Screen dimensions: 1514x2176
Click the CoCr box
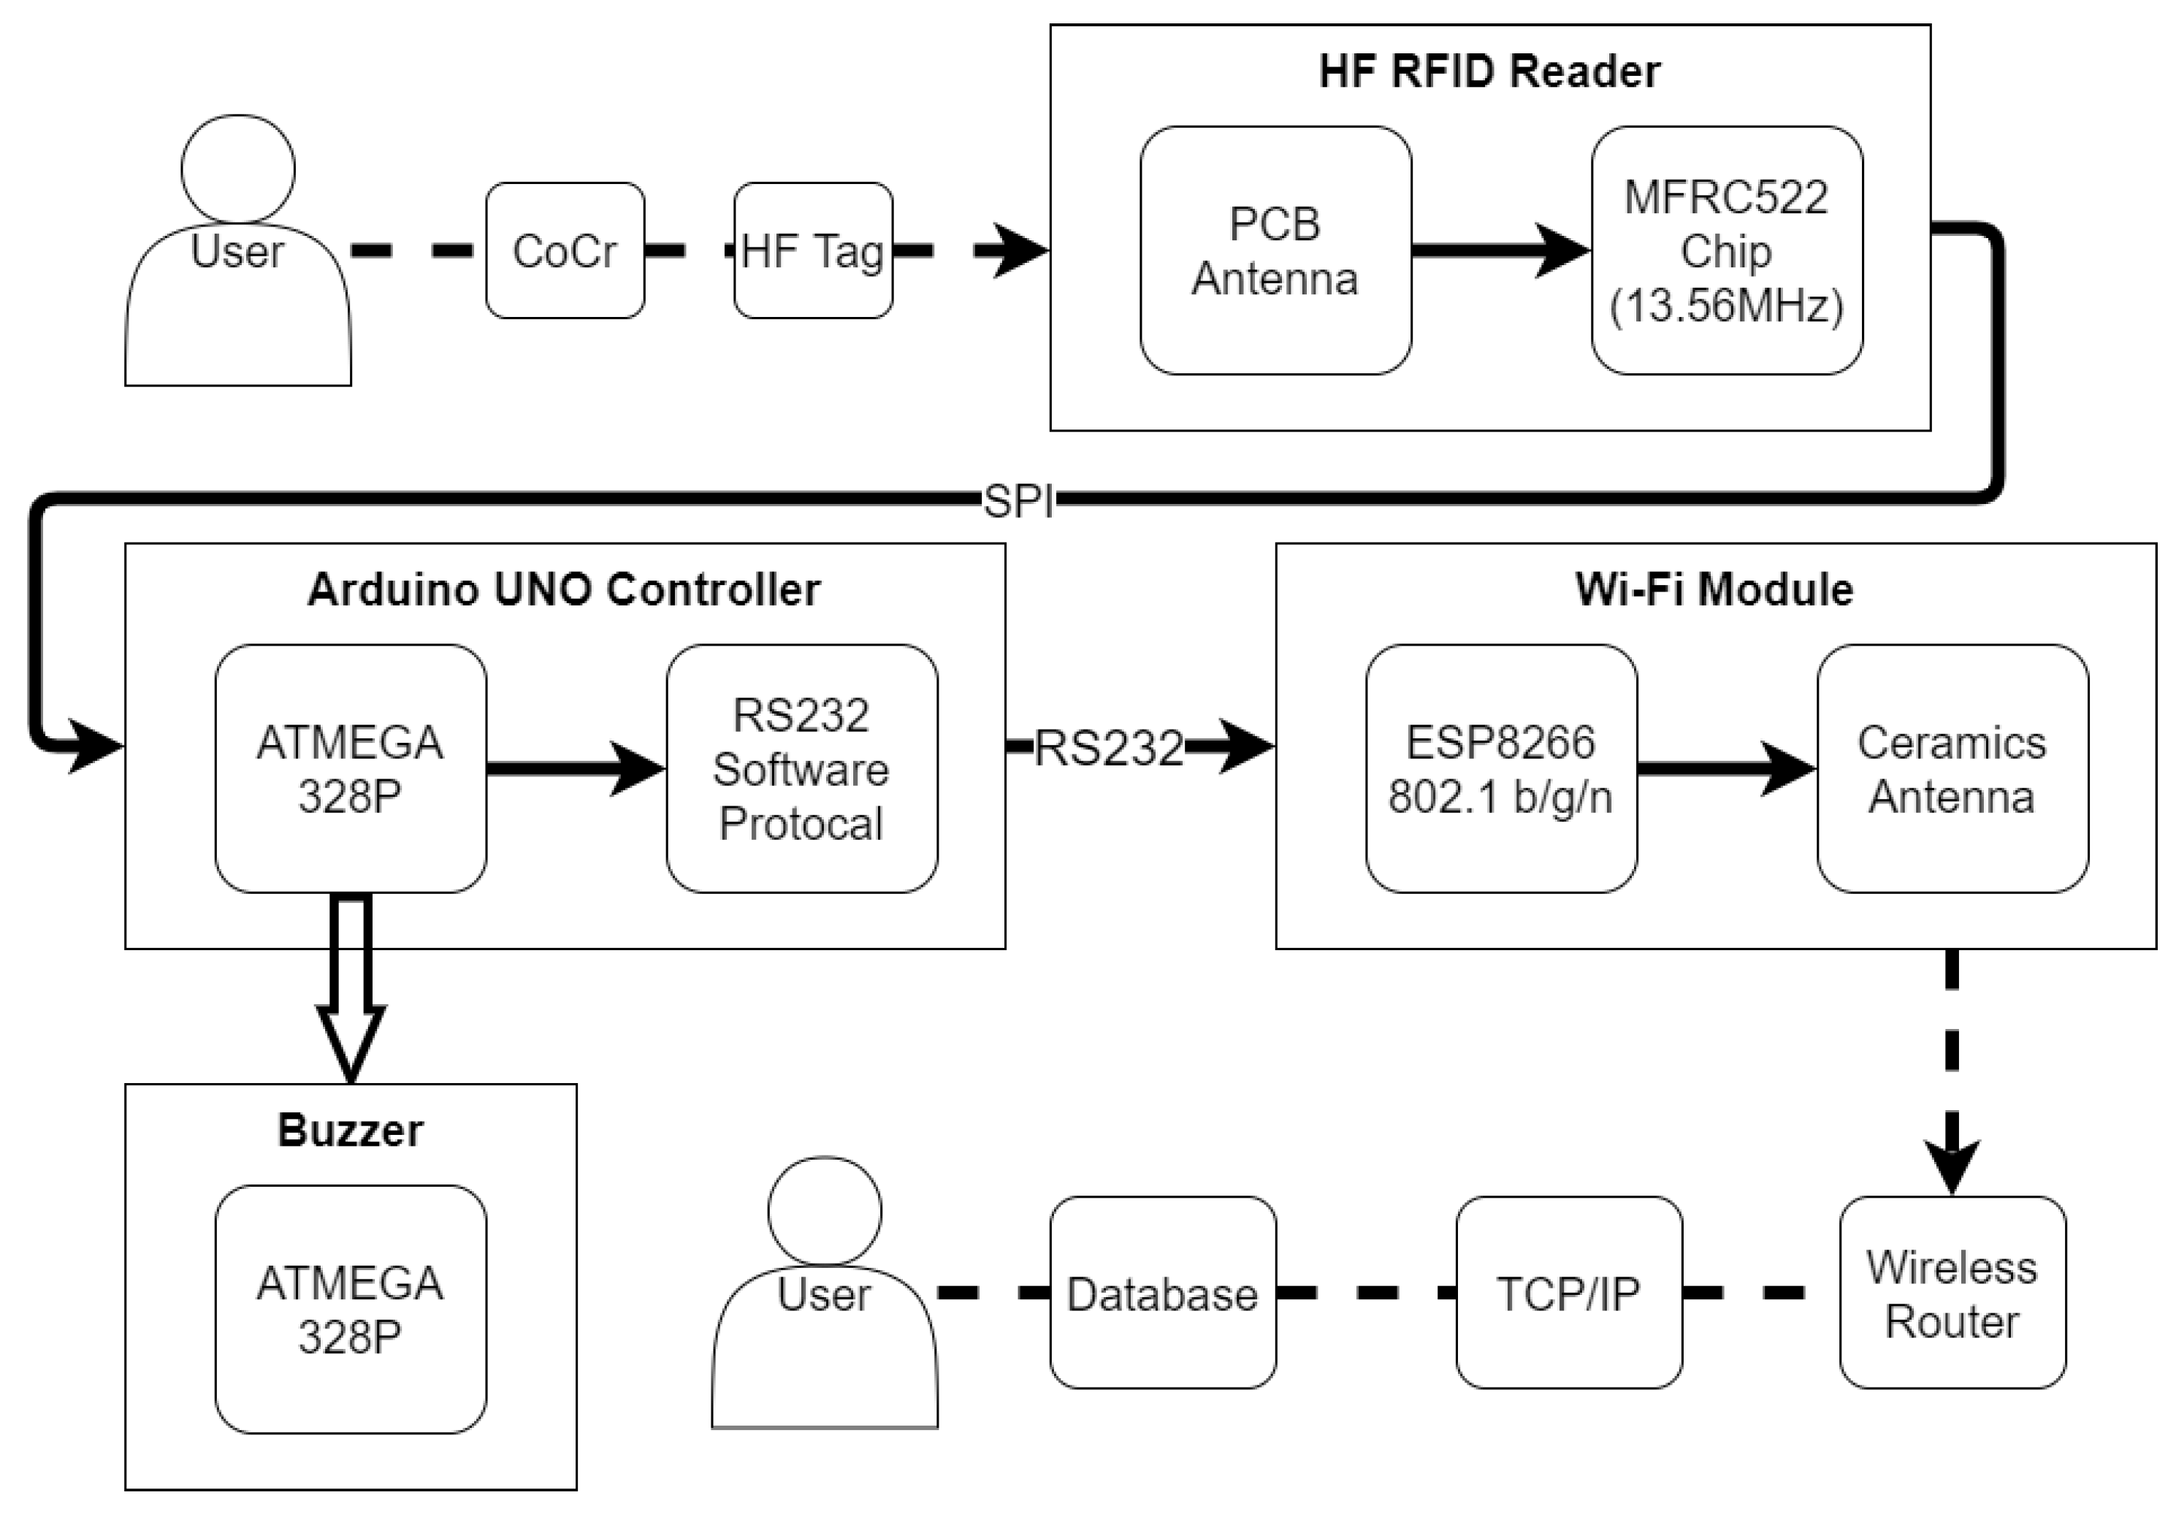pyautogui.click(x=565, y=250)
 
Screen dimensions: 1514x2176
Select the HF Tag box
pyautogui.click(x=813, y=250)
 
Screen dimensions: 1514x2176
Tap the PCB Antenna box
pyautogui.click(x=1275, y=250)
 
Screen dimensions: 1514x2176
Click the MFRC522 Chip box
pyautogui.click(x=1727, y=250)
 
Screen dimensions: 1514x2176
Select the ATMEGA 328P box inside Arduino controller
pyautogui.click(x=351, y=768)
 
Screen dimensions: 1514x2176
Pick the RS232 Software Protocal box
pyautogui.click(x=802, y=768)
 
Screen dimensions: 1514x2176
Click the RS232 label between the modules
pyautogui.click(x=1109, y=748)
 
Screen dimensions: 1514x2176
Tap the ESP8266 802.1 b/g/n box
pyautogui.click(x=1501, y=768)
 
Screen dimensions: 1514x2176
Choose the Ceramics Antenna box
pyautogui.click(x=1952, y=768)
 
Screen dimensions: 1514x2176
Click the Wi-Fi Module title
pyautogui.click(x=1714, y=589)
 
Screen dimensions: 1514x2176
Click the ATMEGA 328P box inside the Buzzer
pyautogui.click(x=351, y=1308)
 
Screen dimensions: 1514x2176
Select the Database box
pyautogui.click(x=1163, y=1292)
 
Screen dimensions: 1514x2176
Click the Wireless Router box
pyautogui.click(x=1952, y=1292)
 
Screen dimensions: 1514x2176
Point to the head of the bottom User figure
pyautogui.click(x=825, y=1210)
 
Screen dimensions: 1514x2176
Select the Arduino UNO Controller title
pyautogui.click(x=564, y=589)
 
